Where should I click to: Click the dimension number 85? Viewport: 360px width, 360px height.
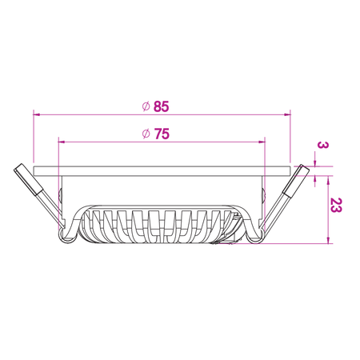tap(162, 106)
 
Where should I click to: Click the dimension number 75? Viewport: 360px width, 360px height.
tap(162, 134)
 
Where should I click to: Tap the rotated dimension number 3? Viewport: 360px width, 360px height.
tap(322, 146)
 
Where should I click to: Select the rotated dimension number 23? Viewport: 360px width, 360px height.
tap(336, 205)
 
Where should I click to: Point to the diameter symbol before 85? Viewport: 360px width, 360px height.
tap(146, 106)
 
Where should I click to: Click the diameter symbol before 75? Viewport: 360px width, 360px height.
tap(146, 134)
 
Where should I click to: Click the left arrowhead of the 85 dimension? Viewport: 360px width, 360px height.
tap(37, 114)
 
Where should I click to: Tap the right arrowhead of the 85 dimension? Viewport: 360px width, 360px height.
tap(287, 114)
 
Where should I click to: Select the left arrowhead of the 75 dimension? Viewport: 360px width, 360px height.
tap(62, 142)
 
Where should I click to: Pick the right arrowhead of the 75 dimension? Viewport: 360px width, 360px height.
tap(262, 142)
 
